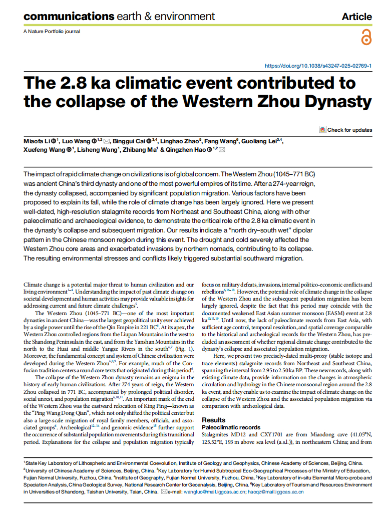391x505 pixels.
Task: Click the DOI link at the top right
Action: pos(317,66)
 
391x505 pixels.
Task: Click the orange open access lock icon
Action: pos(366,38)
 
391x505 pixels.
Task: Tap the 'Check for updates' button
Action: pos(345,130)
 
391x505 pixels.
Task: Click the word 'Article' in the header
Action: pos(356,17)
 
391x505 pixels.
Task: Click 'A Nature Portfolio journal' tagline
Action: pos(52,32)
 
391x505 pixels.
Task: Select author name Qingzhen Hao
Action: pos(186,150)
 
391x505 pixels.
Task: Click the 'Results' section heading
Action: pos(213,420)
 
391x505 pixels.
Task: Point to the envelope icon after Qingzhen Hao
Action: pos(222,150)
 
